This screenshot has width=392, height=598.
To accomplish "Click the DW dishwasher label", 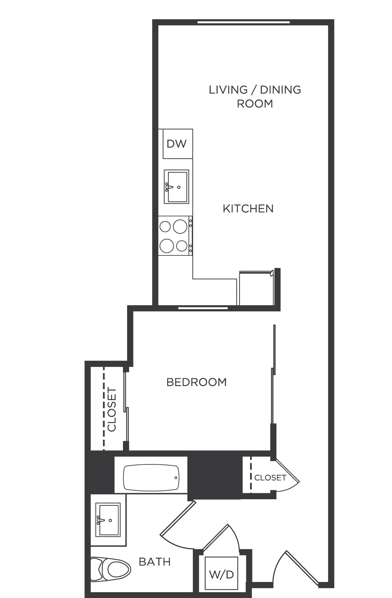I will click(176, 144).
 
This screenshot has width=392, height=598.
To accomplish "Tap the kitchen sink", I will click(176, 187).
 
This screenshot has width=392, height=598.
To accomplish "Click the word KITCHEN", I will click(248, 209).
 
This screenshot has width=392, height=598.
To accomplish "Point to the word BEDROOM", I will click(196, 382).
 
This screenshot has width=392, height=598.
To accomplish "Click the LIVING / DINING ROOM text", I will click(255, 97).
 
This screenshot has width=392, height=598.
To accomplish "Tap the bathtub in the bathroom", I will click(151, 478).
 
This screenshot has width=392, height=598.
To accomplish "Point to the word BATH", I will click(155, 562).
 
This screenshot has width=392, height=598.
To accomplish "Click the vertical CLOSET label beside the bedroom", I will click(112, 409).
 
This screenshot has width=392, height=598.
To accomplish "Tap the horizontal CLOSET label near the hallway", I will click(270, 478).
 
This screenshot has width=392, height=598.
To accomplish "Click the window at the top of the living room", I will click(244, 22).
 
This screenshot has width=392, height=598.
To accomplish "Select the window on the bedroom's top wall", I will click(203, 308).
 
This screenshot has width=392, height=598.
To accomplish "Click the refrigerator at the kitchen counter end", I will click(256, 288).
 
